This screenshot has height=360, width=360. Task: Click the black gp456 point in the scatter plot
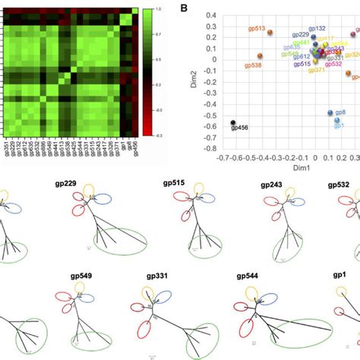pos(233,122)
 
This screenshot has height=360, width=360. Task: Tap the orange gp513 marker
pos(269,33)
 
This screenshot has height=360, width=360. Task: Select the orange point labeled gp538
pos(261,56)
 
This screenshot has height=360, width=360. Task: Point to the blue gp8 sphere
pos(330,112)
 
